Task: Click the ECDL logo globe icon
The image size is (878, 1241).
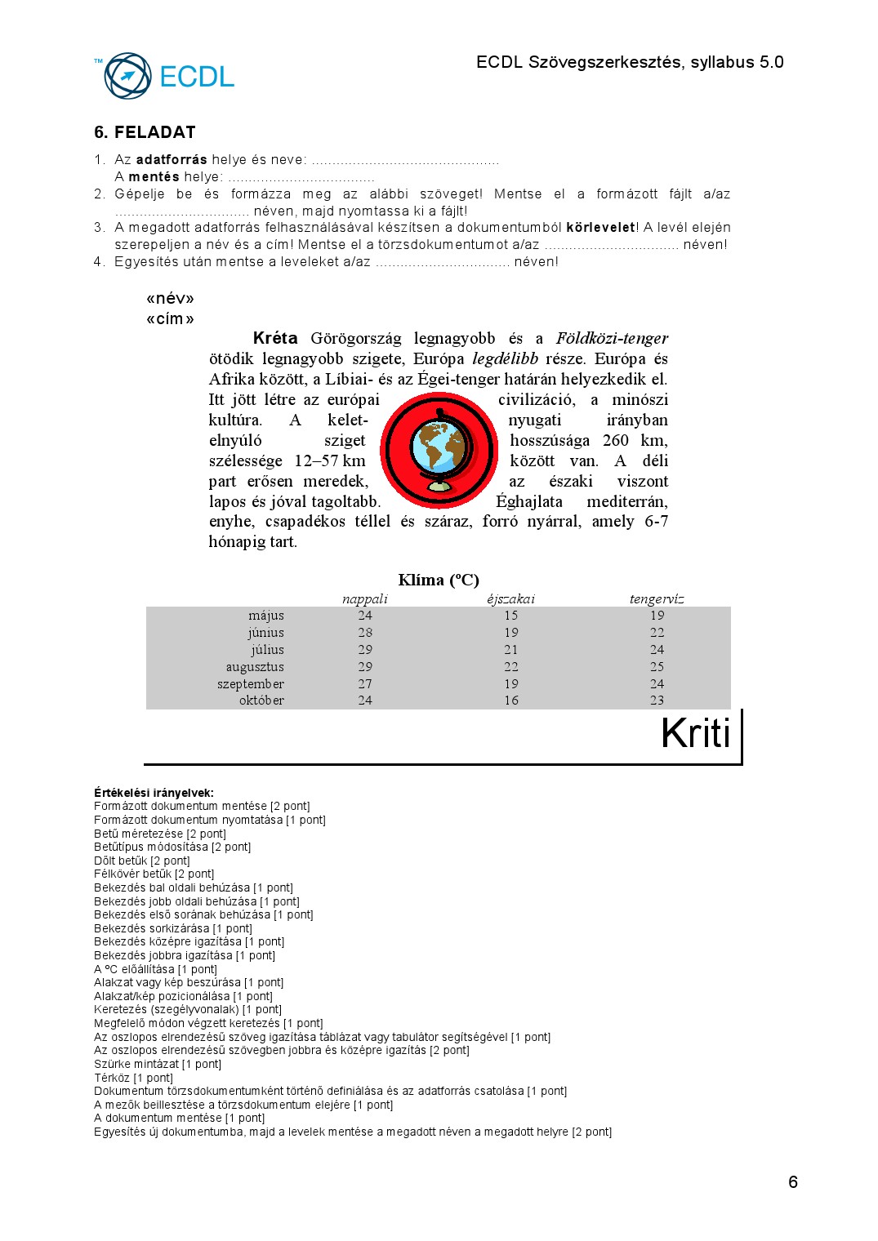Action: pyautogui.click(x=127, y=76)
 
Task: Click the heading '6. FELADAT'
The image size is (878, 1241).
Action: pyautogui.click(x=145, y=132)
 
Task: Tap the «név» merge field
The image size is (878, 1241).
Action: pyautogui.click(x=170, y=299)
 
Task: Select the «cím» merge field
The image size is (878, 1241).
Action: pyautogui.click(x=170, y=319)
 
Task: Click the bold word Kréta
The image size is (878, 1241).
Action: pyautogui.click(x=275, y=339)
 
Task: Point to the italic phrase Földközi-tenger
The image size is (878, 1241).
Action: pyautogui.click(x=612, y=339)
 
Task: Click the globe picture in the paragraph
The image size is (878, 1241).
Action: pyautogui.click(x=439, y=450)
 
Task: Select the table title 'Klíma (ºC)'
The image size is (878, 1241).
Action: pyautogui.click(x=439, y=580)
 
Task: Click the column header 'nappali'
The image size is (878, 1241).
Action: pyautogui.click(x=365, y=599)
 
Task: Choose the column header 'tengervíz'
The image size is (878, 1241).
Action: pyautogui.click(x=657, y=599)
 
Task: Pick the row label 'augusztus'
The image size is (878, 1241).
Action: pyautogui.click(x=255, y=667)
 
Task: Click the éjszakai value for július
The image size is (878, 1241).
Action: pyautogui.click(x=511, y=650)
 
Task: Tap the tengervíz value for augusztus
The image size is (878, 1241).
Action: pyautogui.click(x=657, y=667)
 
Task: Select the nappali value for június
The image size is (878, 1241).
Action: pyautogui.click(x=365, y=633)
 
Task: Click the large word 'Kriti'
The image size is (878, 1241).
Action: pyautogui.click(x=695, y=733)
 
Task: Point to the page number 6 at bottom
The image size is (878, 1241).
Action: pyautogui.click(x=792, y=1182)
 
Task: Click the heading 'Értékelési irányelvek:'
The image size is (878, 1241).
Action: pyautogui.click(x=154, y=793)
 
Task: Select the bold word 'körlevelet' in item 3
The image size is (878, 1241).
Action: pyautogui.click(x=600, y=228)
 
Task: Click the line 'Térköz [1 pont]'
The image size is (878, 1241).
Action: pyautogui.click(x=133, y=1078)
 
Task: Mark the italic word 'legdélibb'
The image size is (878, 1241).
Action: pyautogui.click(x=505, y=359)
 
